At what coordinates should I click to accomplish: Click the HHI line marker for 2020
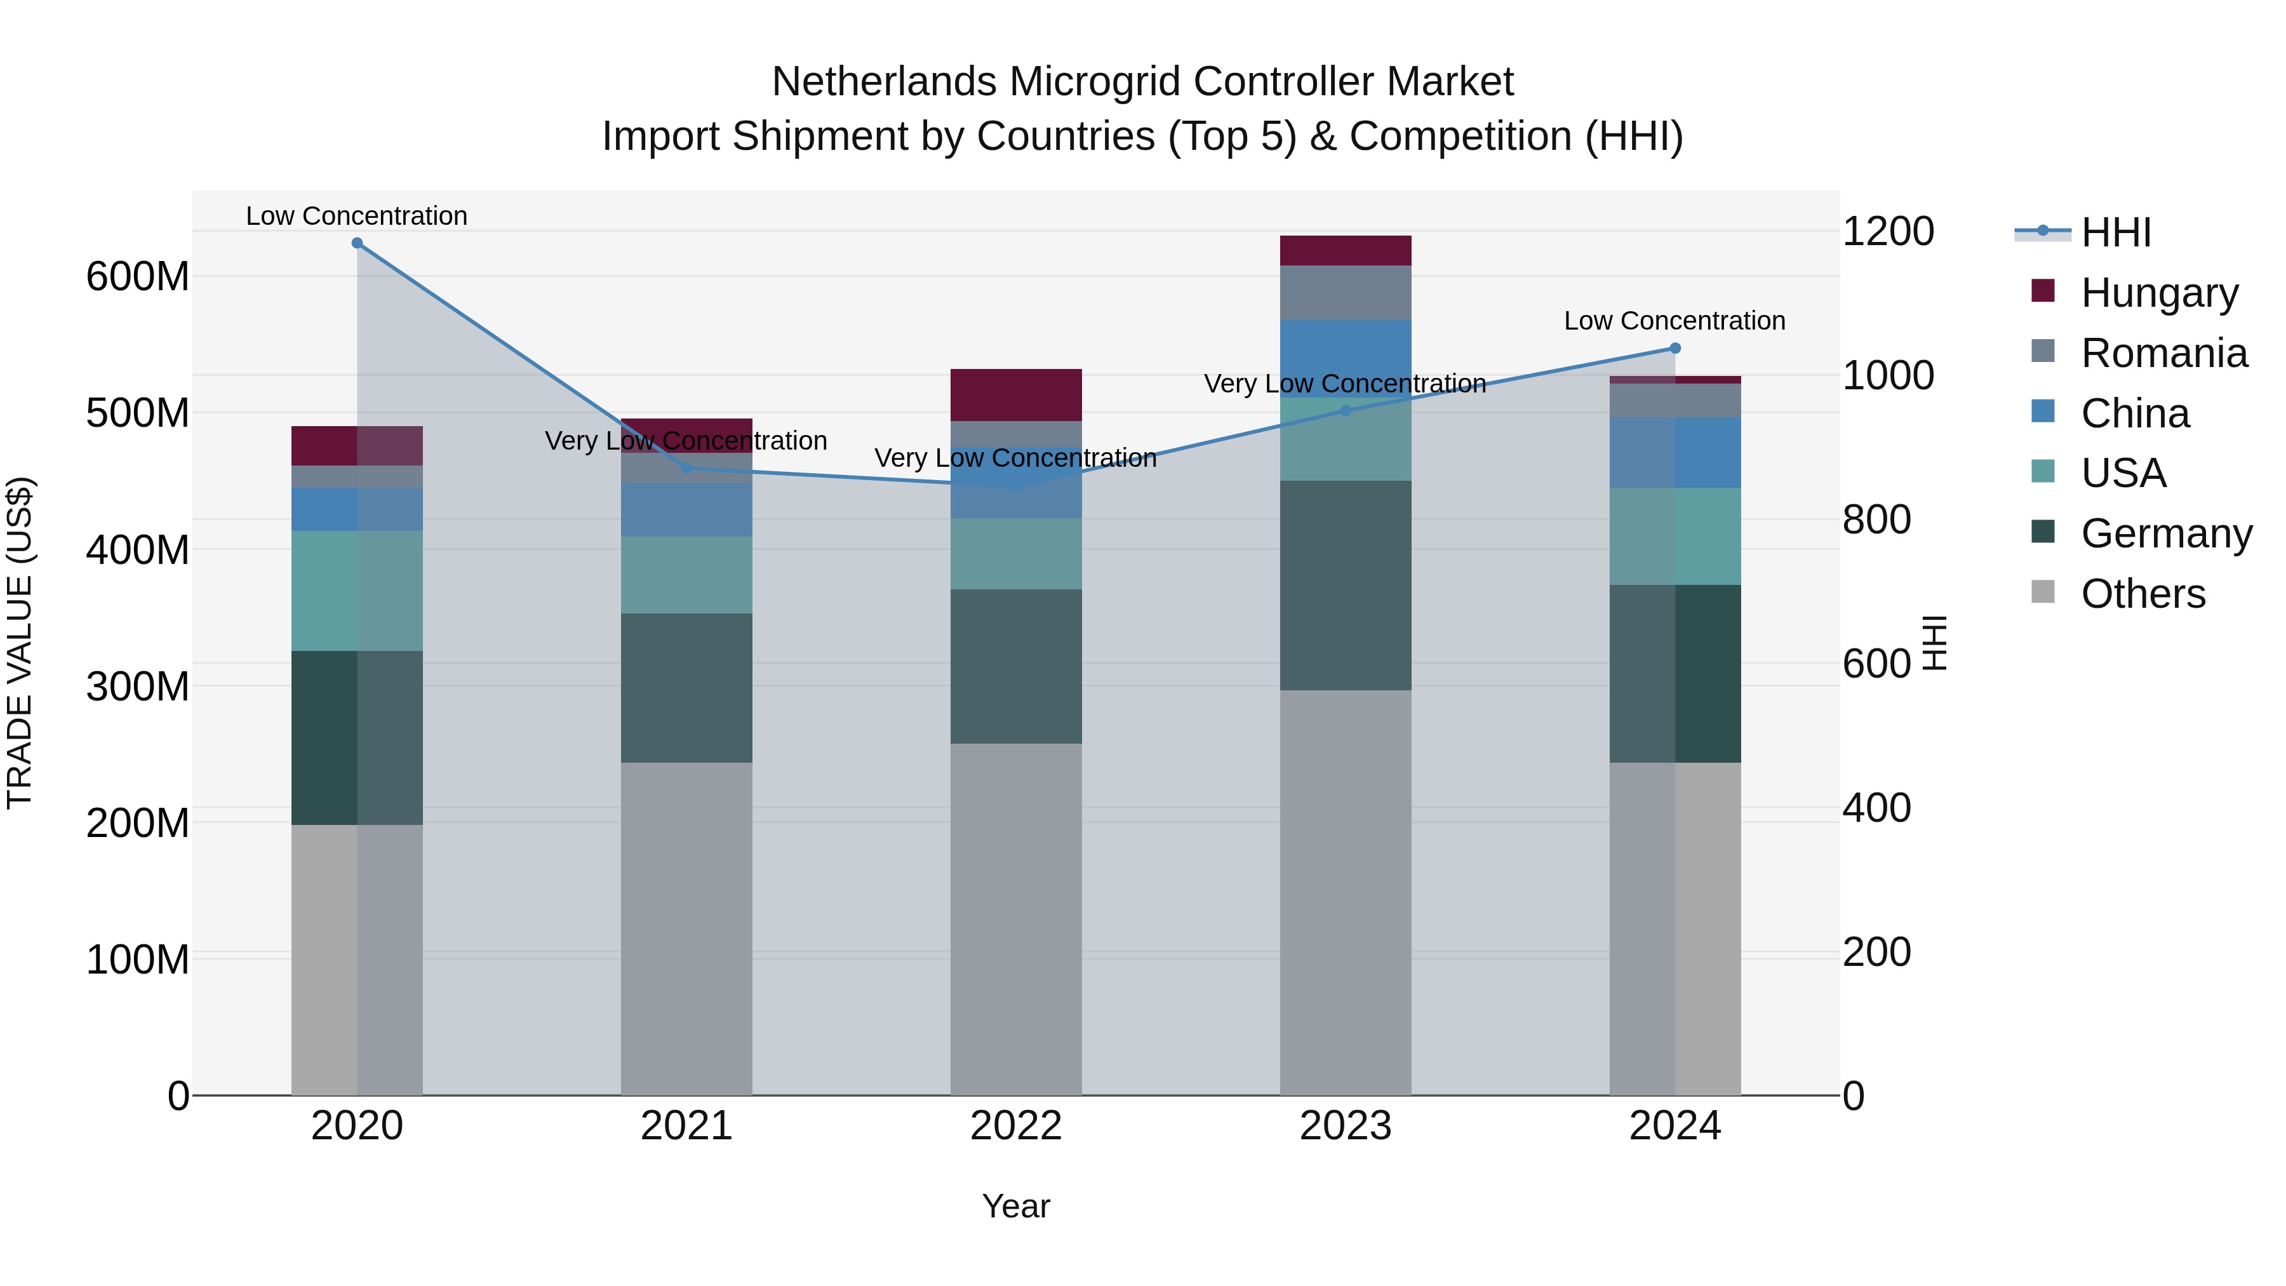click(357, 243)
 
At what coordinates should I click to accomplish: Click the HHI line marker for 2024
click(1674, 348)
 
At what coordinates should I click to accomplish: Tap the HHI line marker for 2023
click(1346, 410)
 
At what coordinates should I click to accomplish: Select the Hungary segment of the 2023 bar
click(1346, 250)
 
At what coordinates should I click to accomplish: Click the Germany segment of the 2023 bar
click(1346, 585)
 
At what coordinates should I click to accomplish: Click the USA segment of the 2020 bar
click(357, 590)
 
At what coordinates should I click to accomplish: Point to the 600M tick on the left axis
click(138, 276)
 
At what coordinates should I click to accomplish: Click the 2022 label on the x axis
click(1015, 1126)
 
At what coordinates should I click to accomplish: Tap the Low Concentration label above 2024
click(1674, 321)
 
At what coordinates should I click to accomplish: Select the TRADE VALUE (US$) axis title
click(20, 643)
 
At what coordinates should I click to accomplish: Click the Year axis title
click(1015, 1206)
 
